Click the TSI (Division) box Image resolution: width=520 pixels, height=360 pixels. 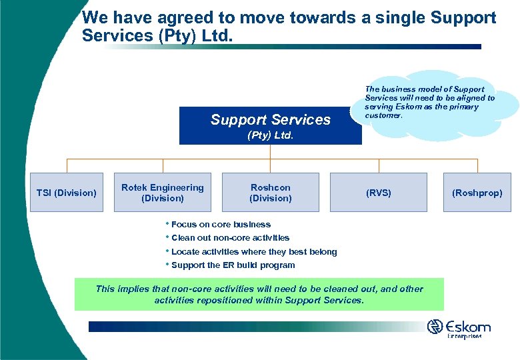tap(66, 193)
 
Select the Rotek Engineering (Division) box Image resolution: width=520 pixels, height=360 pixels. tap(163, 193)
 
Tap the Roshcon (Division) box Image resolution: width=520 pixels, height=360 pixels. tap(270, 193)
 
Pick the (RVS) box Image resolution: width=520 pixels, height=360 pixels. tap(379, 193)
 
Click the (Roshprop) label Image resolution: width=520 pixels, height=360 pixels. tap(477, 193)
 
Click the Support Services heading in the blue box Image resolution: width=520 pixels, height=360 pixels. tap(270, 119)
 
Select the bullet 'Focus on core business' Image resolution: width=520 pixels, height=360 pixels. tap(220, 225)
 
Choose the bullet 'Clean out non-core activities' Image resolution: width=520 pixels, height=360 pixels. tap(230, 238)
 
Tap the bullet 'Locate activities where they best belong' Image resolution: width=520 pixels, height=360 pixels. tap(253, 252)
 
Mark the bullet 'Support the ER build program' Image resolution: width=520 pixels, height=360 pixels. tap(233, 265)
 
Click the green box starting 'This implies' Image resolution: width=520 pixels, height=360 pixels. tap(259, 294)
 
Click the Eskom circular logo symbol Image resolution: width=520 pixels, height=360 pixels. tap(435, 327)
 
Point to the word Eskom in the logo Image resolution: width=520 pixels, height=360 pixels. tap(469, 327)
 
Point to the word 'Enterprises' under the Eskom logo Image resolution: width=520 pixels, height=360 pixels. tap(464, 337)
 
